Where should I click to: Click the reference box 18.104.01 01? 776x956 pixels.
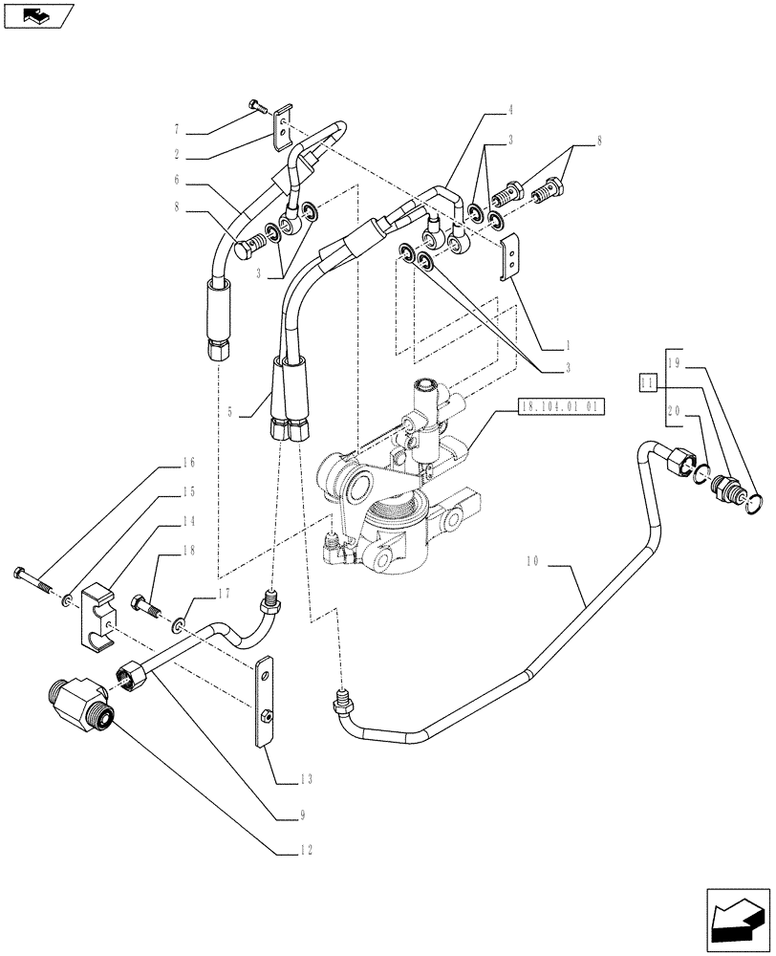click(x=560, y=406)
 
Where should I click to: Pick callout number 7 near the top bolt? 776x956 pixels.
click(x=177, y=130)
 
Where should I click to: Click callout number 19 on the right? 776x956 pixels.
click(x=674, y=364)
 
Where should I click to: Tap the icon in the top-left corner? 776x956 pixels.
click(x=38, y=16)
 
